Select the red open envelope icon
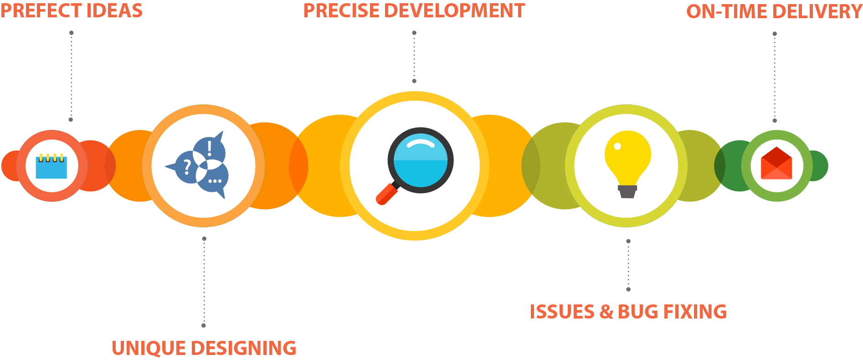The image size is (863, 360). coord(776,164)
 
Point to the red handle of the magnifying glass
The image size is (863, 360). coord(386,195)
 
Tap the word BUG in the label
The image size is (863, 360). coord(638,312)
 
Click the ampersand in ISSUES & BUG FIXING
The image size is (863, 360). coord(606,312)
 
